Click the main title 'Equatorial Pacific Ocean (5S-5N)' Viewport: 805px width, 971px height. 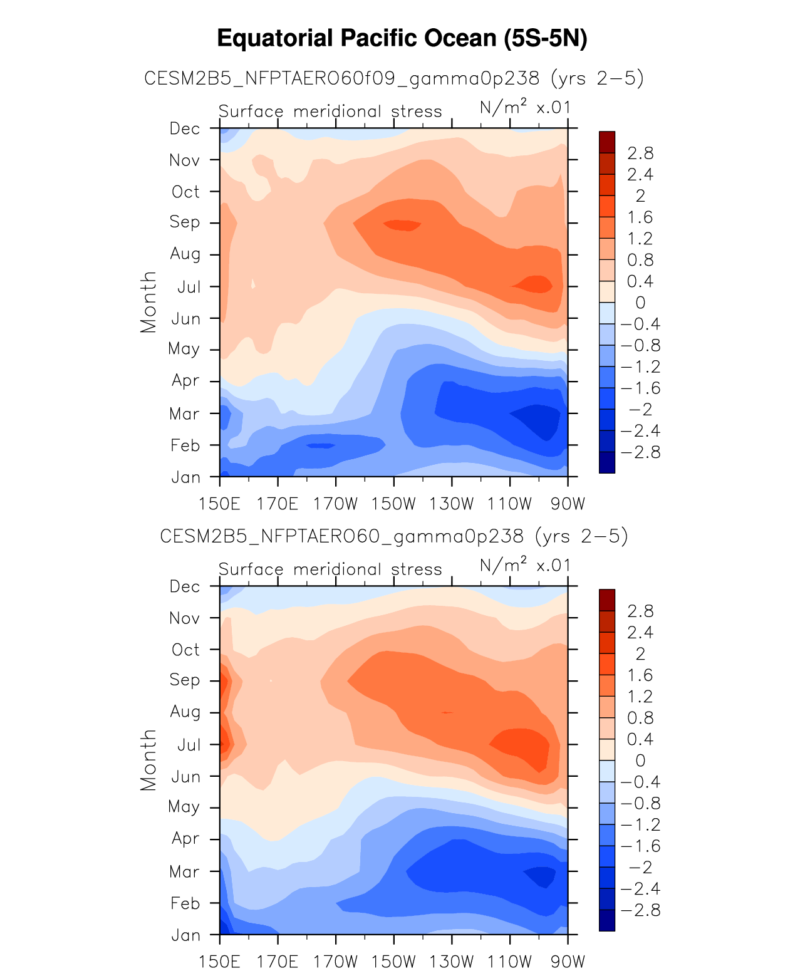click(402, 39)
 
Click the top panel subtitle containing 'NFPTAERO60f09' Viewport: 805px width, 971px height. click(393, 78)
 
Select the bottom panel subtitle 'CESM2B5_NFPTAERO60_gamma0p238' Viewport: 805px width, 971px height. click(393, 536)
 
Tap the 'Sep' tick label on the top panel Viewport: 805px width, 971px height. click(185, 222)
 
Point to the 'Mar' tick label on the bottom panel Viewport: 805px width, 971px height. click(184, 871)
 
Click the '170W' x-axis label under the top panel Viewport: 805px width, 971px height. click(335, 504)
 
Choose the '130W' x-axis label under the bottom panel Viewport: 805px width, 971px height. click(452, 962)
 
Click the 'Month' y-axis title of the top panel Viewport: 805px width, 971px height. click(148, 302)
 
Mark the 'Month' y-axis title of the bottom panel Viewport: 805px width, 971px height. click(148, 760)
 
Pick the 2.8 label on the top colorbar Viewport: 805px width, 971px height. click(640, 153)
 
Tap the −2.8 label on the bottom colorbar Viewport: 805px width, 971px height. click(640, 910)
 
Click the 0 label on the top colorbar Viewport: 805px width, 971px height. click(640, 303)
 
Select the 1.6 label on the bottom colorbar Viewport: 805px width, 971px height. click(640, 675)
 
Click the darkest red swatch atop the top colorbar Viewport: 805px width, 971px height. click(606, 142)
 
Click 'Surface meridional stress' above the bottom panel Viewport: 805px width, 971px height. click(330, 569)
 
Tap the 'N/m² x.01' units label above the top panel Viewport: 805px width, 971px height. click(525, 108)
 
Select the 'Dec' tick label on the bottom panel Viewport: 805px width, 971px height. click(185, 586)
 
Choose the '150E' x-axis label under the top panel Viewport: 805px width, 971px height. click(219, 504)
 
